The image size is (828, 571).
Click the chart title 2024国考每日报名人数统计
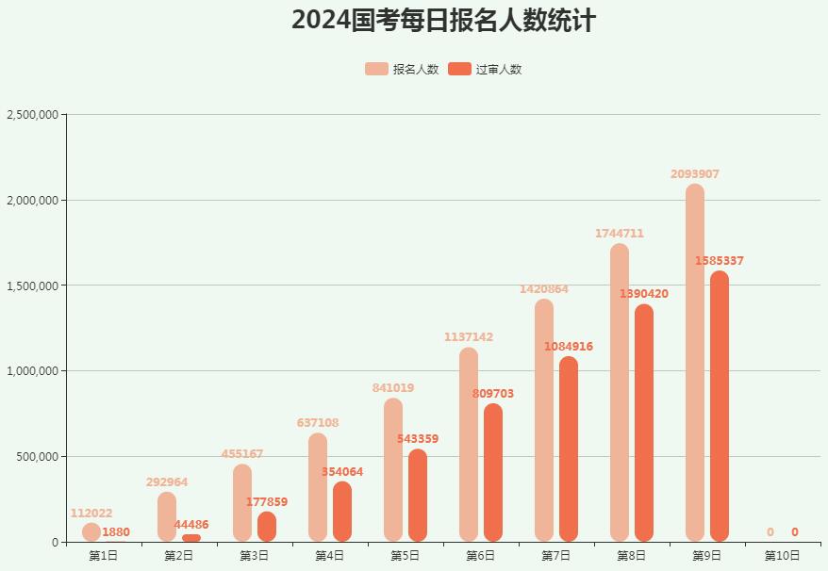point(443,20)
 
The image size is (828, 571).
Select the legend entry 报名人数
point(403,69)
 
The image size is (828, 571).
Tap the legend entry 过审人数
point(486,69)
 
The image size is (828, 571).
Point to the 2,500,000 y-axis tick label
point(33,115)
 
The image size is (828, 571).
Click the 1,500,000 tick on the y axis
point(33,285)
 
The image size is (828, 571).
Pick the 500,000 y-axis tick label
point(39,457)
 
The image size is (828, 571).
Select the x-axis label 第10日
point(782,556)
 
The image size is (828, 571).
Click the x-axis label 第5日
point(405,556)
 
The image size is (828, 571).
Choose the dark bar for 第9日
point(720,406)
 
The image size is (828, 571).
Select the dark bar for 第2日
point(191,538)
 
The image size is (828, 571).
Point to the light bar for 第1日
point(91,532)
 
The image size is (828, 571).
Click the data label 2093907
point(695,174)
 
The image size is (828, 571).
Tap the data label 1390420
point(644,294)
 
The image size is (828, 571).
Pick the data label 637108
point(318,423)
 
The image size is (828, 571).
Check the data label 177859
point(267,502)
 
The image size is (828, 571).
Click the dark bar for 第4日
point(342,512)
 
